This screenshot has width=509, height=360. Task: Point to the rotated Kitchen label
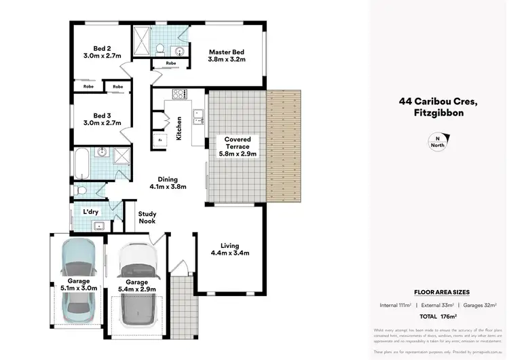[179, 127]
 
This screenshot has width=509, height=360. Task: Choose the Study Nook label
[147, 217]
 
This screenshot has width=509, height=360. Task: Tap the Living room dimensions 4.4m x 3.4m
[230, 253]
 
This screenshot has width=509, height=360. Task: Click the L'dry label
[91, 211]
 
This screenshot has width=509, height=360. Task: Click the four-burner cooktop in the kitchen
[179, 94]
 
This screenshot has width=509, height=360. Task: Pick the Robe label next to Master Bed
[165, 62]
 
